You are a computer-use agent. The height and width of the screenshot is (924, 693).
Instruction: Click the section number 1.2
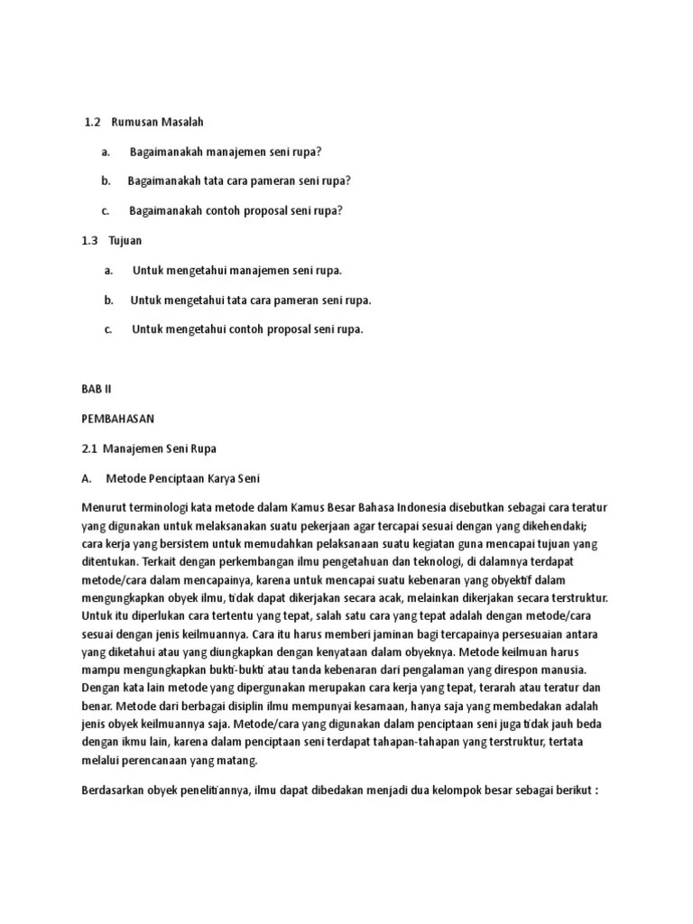click(92, 122)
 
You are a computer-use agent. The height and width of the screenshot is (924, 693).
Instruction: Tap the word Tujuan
click(125, 241)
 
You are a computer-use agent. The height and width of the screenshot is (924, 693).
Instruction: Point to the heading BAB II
click(94, 389)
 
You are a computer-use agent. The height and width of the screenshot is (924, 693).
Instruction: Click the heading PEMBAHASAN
click(118, 419)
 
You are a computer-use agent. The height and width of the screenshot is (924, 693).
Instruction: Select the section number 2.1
click(89, 448)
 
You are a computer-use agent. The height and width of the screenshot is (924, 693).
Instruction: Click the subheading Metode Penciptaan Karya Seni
click(183, 478)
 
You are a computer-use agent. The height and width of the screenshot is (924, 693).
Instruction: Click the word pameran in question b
click(274, 181)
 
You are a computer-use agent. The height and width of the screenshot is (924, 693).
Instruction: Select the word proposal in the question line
click(269, 211)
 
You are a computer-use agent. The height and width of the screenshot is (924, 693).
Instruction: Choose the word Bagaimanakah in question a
click(166, 152)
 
